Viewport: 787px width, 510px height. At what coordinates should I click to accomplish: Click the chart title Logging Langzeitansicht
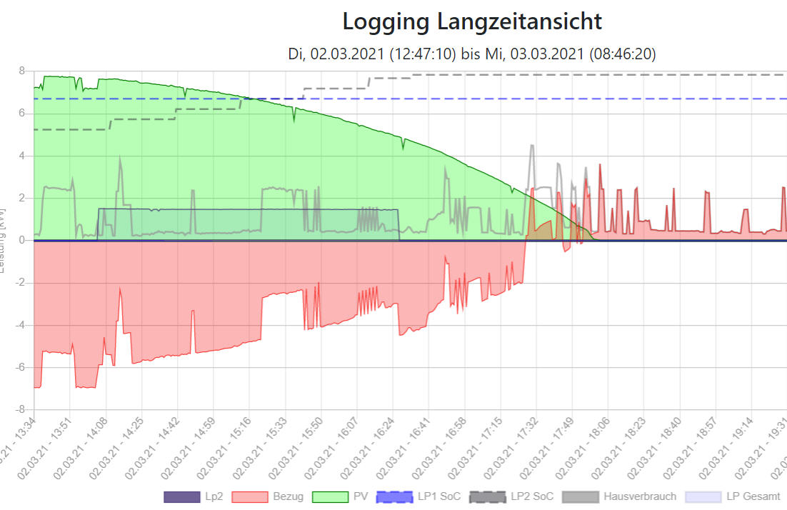(472, 21)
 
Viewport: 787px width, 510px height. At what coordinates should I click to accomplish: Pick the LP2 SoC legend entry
(510, 496)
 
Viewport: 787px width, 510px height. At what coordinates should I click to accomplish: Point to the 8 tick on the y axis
(22, 71)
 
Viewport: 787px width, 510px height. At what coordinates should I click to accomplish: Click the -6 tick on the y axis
(21, 367)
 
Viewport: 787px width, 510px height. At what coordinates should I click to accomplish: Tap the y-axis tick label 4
(22, 156)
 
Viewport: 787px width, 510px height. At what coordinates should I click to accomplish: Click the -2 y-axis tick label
(21, 283)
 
